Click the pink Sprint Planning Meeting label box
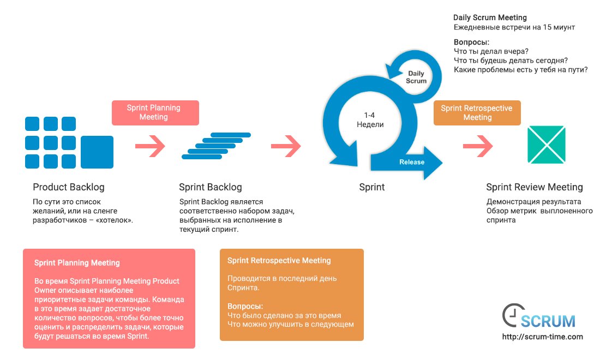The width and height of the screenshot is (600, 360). click(155, 112)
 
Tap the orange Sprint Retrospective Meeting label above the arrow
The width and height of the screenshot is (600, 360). click(477, 112)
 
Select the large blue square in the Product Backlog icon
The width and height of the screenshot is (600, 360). click(97, 152)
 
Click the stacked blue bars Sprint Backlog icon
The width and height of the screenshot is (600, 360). click(215, 146)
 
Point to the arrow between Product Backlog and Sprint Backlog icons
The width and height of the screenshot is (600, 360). click(149, 145)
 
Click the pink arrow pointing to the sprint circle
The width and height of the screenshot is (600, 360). click(286, 145)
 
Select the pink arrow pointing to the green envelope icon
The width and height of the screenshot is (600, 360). click(478, 146)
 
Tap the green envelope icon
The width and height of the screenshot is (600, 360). click(546, 145)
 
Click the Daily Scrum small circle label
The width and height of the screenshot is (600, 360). click(416, 77)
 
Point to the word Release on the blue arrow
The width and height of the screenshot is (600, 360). click(412, 162)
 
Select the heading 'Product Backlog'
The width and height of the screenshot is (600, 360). click(68, 187)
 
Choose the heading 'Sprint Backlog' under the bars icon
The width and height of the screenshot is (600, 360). click(210, 187)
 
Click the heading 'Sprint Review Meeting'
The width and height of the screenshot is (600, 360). click(534, 187)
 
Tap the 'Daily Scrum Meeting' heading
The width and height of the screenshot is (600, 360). click(490, 18)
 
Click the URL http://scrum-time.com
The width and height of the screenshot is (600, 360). click(542, 337)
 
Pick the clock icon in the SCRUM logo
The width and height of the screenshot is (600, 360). click(511, 315)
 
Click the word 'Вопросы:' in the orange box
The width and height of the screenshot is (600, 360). click(245, 306)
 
